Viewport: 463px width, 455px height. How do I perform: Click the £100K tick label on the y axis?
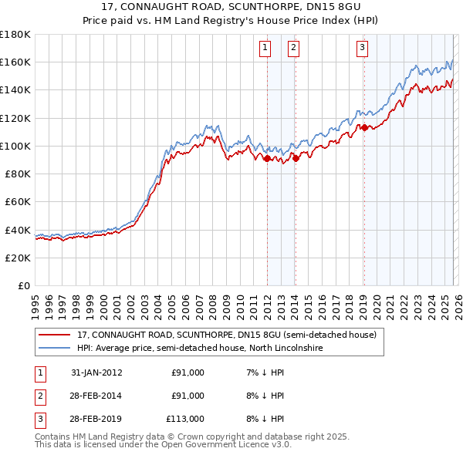(x=15, y=146)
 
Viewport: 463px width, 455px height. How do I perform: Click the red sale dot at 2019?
(x=364, y=128)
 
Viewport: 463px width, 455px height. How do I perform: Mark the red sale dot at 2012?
(x=267, y=159)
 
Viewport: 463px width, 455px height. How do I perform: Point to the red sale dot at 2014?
(x=296, y=159)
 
